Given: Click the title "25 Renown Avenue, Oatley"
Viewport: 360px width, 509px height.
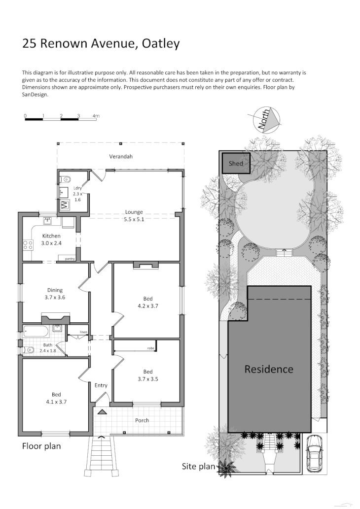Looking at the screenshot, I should click(x=101, y=43).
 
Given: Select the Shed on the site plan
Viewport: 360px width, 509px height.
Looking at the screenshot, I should click(x=236, y=163).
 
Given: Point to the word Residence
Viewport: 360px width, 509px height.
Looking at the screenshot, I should click(x=269, y=369).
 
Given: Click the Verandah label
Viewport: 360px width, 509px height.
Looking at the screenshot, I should click(x=121, y=157).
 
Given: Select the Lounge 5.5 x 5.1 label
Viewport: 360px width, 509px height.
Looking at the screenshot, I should click(x=134, y=216).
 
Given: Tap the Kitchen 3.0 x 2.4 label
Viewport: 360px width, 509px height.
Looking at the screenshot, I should click(x=51, y=239).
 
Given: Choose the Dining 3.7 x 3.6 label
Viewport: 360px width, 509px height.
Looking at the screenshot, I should click(x=55, y=294).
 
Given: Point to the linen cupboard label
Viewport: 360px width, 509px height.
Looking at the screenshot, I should click(x=84, y=333).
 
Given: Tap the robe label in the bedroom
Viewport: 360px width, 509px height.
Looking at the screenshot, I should click(x=150, y=348).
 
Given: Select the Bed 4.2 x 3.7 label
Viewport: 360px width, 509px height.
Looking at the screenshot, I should click(x=147, y=302).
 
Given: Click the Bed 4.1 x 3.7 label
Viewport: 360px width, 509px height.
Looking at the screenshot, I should click(x=56, y=398).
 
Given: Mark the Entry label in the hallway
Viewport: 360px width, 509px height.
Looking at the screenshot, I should click(x=101, y=385).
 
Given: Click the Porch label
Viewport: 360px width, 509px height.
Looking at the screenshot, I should click(x=142, y=420).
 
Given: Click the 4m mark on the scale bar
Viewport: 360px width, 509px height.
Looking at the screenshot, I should click(x=96, y=116).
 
